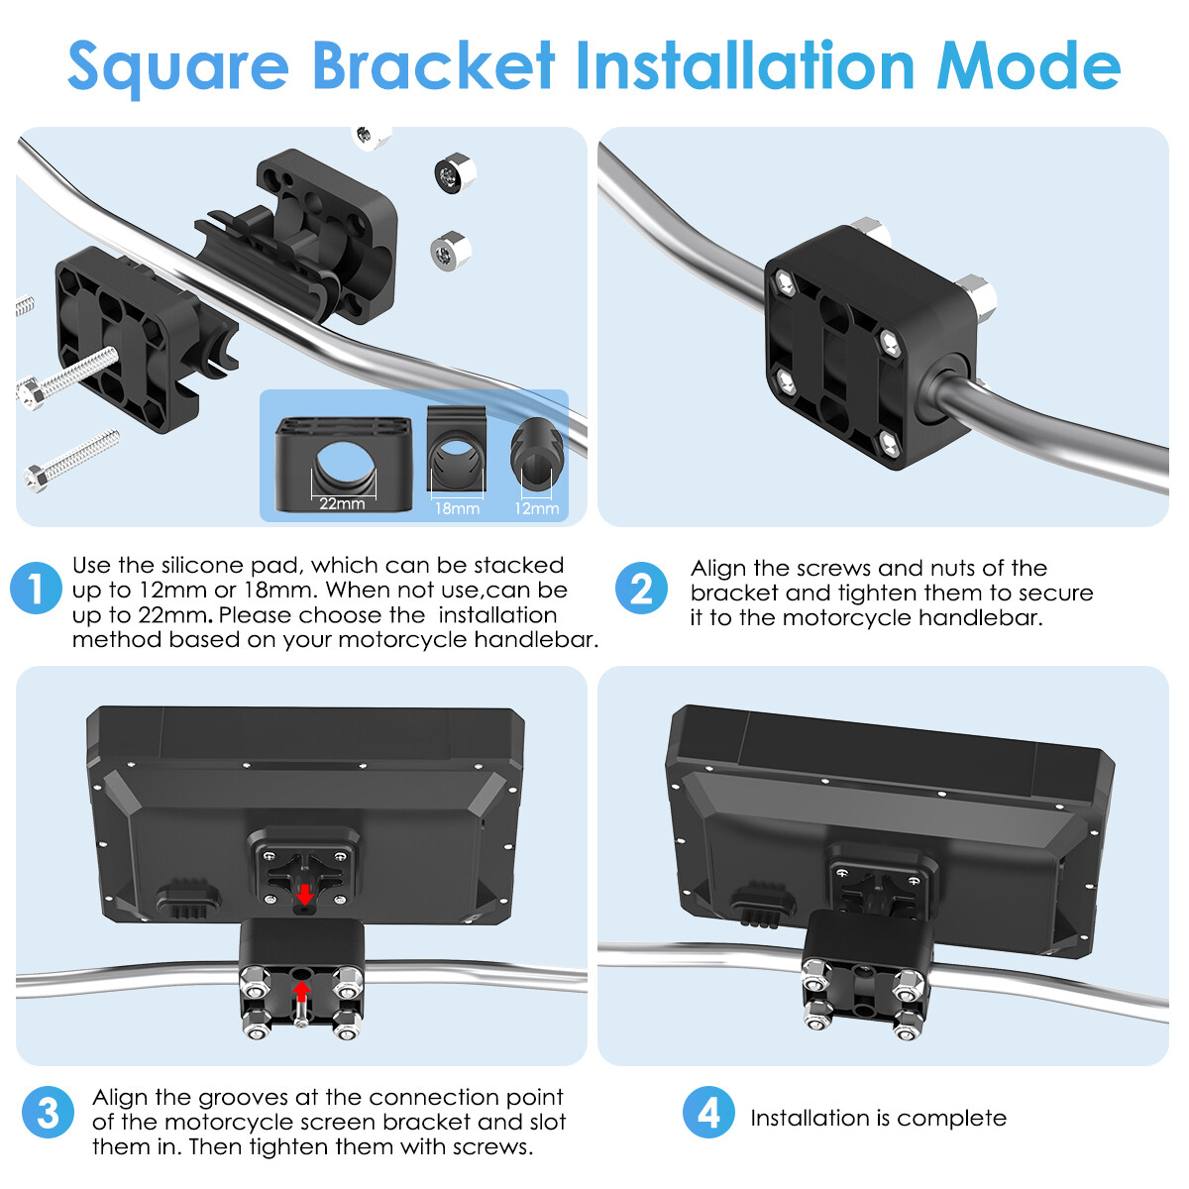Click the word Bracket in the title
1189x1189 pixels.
[434, 65]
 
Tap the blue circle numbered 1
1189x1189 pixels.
[36, 588]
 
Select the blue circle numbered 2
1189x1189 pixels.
[641, 588]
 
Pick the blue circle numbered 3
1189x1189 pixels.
[48, 1112]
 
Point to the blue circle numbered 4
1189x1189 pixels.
[708, 1112]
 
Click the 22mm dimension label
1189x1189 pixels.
[342, 503]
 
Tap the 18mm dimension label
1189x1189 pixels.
[457, 508]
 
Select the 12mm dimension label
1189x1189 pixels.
[537, 508]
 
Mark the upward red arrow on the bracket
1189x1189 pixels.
[301, 991]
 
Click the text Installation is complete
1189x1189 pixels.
[878, 1118]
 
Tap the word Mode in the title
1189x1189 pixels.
[1027, 65]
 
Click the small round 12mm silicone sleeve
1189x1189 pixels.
[537, 454]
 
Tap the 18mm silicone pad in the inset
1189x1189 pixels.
[457, 449]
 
